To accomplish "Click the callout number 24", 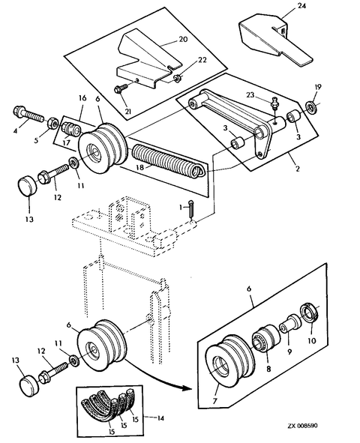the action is coord(301,6).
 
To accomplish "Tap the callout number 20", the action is coord(184,39).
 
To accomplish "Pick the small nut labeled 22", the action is coord(177,77).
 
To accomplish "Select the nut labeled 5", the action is coord(52,123).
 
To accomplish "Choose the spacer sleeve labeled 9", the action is coord(289,325).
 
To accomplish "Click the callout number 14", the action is coord(160,418).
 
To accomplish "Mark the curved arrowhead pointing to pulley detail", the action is coord(187,388).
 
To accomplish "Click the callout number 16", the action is coord(82,98).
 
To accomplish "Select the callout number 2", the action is coord(297,169).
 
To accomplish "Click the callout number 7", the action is coord(215,400).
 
